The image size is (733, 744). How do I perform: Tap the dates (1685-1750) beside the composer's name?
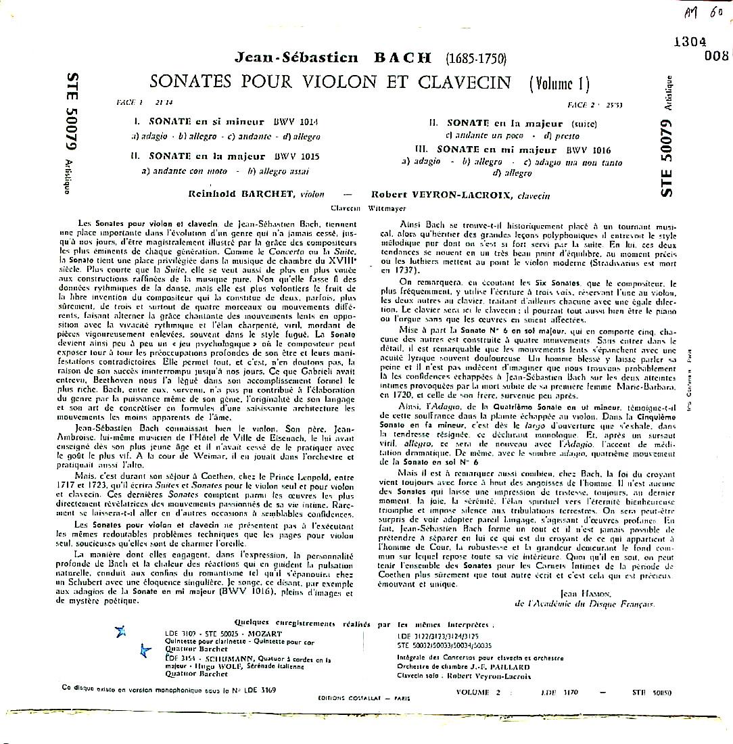coord(475,57)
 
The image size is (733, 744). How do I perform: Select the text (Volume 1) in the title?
coord(559,84)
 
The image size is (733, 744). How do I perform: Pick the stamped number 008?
coord(715,56)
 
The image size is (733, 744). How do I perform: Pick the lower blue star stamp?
coord(144,651)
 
